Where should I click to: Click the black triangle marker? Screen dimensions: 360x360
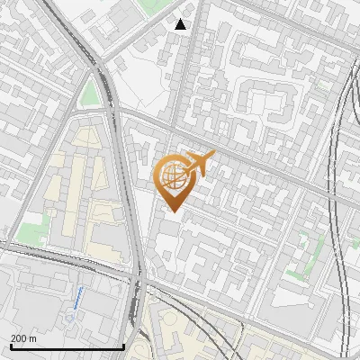[x=181, y=24]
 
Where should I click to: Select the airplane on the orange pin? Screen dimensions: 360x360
[x=199, y=165]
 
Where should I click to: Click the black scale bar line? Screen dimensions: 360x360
[x=67, y=346]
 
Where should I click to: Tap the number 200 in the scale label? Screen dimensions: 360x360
[x=19, y=338]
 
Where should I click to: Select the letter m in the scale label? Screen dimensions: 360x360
[x=32, y=338]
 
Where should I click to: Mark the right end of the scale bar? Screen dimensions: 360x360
[x=123, y=346]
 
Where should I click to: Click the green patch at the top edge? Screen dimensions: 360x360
[x=150, y=4]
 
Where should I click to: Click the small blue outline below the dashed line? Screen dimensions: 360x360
[x=70, y=318]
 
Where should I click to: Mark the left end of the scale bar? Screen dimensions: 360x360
[x=11, y=346]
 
